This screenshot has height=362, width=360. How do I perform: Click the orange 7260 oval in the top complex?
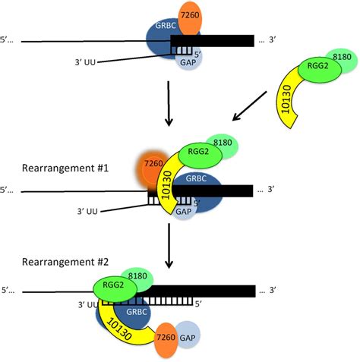tap(190, 18)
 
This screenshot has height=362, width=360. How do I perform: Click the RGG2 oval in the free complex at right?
tap(320, 71)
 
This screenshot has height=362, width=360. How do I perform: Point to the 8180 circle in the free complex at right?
tap(343, 60)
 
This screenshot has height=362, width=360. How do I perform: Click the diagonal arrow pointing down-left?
tap(250, 106)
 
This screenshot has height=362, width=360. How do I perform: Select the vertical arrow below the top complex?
tap(169, 103)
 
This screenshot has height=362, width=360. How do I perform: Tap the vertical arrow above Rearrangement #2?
tap(169, 246)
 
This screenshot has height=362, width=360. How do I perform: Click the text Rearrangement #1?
tap(65, 168)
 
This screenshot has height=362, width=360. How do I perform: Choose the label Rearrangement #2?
tap(65, 262)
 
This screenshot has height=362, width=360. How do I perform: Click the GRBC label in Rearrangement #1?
tap(196, 178)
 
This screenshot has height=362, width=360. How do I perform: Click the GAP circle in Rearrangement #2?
tap(188, 335)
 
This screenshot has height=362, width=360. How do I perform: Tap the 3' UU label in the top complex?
tap(85, 62)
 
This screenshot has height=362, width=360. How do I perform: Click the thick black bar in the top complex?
tap(212, 41)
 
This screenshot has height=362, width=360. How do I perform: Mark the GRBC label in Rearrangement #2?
tap(137, 312)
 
